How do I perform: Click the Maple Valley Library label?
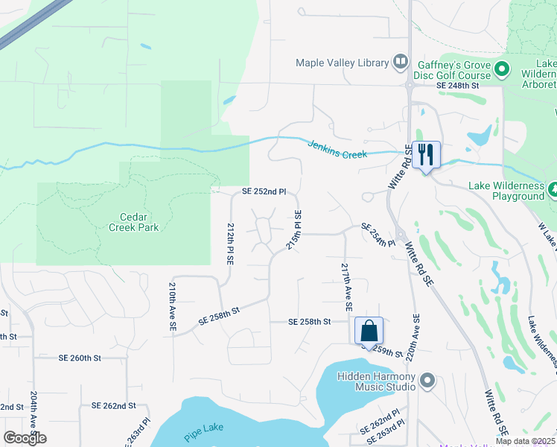click(343, 63)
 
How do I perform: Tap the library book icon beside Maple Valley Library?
click(401, 62)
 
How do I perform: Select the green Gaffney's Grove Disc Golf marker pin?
click(502, 71)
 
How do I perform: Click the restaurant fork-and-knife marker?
click(426, 155)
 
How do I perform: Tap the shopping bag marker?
click(369, 330)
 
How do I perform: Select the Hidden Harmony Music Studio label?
click(376, 381)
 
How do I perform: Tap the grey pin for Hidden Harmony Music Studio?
click(427, 381)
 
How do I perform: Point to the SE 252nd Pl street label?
click(264, 191)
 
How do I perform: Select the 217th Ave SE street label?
click(346, 287)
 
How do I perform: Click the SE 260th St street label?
click(79, 358)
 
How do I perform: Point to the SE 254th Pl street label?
click(378, 234)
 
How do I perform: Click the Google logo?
click(25, 438)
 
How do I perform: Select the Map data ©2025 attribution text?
click(525, 441)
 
